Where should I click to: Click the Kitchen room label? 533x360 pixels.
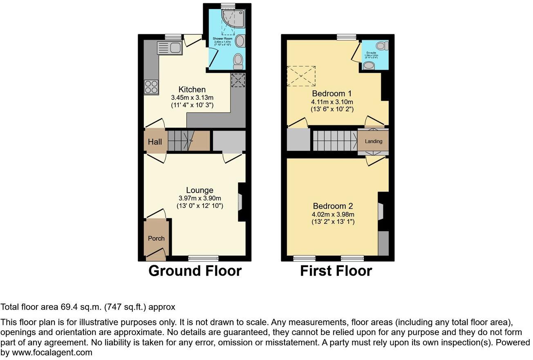192,90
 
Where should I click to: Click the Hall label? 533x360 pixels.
155,142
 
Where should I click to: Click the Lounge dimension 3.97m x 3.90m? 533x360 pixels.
199,198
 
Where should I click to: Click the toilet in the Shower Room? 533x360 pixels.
237,62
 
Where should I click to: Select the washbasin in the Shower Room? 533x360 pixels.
241,41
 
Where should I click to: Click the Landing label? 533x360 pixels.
374,142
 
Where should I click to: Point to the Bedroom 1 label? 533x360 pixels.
332,93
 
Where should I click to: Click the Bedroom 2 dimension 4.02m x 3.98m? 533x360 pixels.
333,214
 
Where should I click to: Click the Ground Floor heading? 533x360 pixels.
195,271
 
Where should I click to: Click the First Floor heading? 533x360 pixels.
336,271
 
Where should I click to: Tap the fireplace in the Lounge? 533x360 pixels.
240,201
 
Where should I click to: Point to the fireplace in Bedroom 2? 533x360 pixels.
381,211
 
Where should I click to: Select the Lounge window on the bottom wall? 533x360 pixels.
203,258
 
